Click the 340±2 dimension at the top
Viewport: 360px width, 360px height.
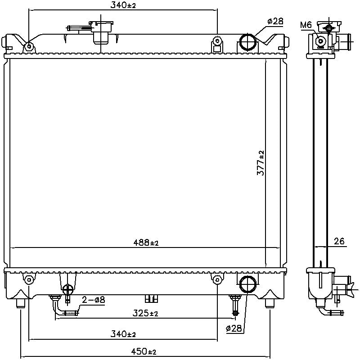123,5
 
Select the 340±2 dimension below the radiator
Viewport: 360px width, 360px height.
123,334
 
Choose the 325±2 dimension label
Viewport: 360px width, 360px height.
145,314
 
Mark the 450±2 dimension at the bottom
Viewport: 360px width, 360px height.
144,351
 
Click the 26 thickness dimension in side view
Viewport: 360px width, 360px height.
339,242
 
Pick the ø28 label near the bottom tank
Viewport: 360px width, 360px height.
234,329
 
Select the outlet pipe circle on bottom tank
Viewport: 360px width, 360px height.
247,284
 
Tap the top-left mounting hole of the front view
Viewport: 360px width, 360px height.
29,46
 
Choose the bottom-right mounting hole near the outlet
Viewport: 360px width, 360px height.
217,280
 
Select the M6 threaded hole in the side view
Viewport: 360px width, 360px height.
320,41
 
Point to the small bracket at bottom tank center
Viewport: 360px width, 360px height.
152,298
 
